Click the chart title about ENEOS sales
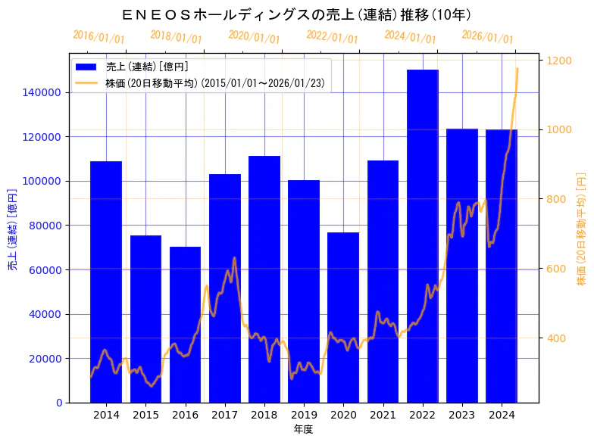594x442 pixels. click(x=296, y=14)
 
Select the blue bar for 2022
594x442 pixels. click(x=422, y=235)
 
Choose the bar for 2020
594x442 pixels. click(x=343, y=317)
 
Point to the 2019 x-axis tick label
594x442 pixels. click(x=304, y=415)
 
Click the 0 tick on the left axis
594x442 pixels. click(x=59, y=403)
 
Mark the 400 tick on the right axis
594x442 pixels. click(x=557, y=338)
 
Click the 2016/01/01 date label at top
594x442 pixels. click(x=99, y=37)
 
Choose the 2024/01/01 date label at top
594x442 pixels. click(x=410, y=37)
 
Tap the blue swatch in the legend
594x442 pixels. click(x=86, y=67)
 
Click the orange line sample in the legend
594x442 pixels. click(x=86, y=83)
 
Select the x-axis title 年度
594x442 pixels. click(x=303, y=429)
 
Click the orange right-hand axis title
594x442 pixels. click(x=582, y=227)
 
